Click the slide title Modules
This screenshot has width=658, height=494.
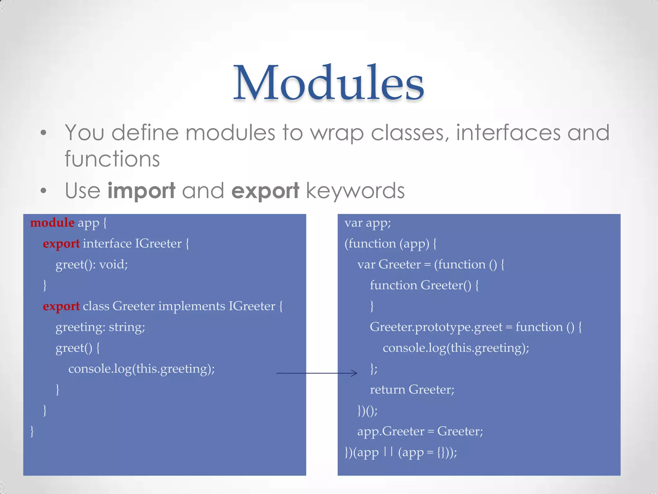pos(328,83)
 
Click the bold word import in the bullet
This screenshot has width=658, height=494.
pos(141,190)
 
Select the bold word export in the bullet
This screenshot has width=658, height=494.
pos(265,190)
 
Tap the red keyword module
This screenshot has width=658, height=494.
pos(52,223)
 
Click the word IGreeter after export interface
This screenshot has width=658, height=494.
pos(158,243)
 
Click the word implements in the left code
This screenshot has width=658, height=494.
pos(191,306)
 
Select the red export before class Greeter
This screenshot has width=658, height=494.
pos(61,306)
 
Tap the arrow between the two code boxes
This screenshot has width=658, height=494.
pos(316,373)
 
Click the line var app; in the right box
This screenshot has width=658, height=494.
pos(368,223)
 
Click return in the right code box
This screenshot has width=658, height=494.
pos(387,389)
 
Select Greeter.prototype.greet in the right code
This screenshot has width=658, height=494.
pos(436,327)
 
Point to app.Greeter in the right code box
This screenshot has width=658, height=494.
pos(391,431)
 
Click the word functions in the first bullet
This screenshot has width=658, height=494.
pos(112,159)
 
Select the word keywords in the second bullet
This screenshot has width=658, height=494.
pos(355,190)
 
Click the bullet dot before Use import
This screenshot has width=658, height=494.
pos(44,190)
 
